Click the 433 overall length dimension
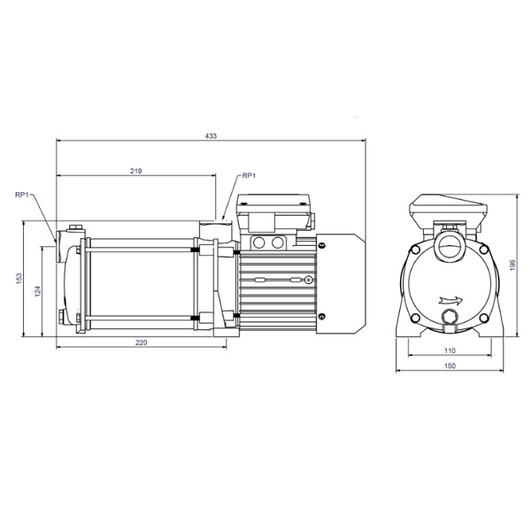click(x=211, y=135)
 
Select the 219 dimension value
click(x=136, y=170)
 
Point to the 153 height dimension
click(x=19, y=277)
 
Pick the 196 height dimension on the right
click(x=513, y=265)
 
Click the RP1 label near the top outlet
click(x=249, y=176)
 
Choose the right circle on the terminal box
click(x=278, y=242)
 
